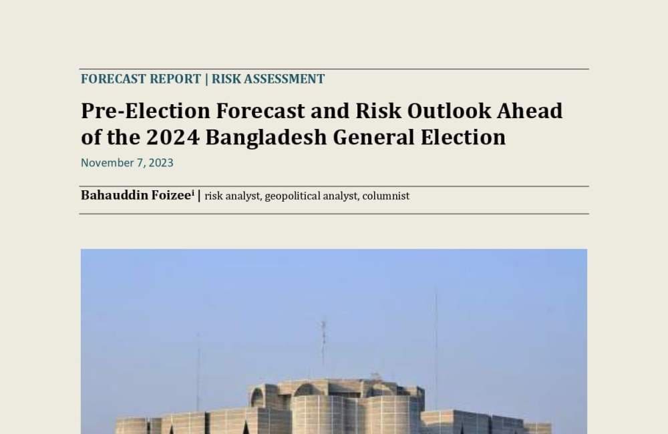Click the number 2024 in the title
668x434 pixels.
[x=172, y=137]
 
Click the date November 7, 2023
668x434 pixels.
[x=127, y=163]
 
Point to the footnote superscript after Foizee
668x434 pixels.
[x=193, y=192]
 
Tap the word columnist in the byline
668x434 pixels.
[x=385, y=196]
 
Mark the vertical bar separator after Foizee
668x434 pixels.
[x=199, y=196]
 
